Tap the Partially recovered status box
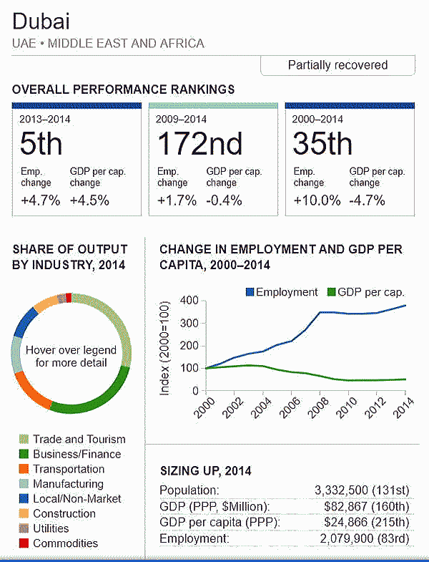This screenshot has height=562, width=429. (337, 65)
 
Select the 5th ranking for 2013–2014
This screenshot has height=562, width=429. (41, 145)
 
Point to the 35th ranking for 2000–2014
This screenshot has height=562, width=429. (322, 145)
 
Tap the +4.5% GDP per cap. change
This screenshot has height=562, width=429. (89, 200)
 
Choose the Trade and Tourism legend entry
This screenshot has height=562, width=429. (79, 440)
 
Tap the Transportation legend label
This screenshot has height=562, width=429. (68, 469)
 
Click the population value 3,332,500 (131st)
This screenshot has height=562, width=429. (362, 490)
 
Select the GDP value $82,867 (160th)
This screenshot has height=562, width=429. (366, 507)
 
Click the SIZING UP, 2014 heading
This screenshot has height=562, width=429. (205, 471)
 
